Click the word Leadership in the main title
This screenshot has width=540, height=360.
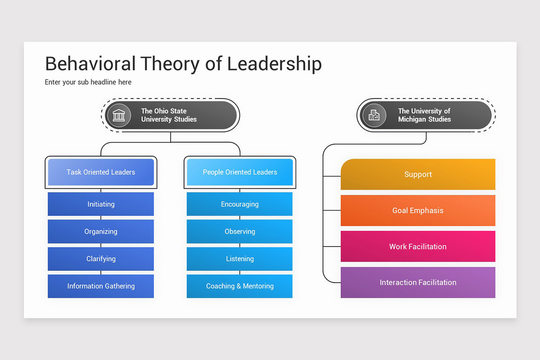tap(274, 64)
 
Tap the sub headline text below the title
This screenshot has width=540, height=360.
tap(88, 82)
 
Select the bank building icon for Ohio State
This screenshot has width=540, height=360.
tap(119, 115)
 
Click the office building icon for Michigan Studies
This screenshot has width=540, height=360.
tap(374, 115)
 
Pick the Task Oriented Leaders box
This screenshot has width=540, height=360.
tap(101, 172)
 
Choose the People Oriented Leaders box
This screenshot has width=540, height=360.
tap(240, 172)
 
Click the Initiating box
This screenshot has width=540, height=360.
tap(101, 204)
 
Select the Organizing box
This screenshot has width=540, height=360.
tap(101, 231)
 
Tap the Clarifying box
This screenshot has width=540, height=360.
tap(101, 259)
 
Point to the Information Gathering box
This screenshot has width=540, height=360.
tap(101, 286)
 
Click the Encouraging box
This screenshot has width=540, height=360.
tap(240, 204)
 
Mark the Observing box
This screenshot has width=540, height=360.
tap(240, 231)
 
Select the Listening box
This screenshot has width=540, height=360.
tap(240, 259)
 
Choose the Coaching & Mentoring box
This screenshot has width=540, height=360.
tap(240, 286)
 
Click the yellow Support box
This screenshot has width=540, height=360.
tap(418, 174)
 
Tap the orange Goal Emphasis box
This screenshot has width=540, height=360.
tap(418, 210)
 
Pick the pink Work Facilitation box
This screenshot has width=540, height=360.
tap(418, 247)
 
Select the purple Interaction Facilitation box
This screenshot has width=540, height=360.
tap(418, 283)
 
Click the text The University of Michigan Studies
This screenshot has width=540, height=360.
tap(424, 115)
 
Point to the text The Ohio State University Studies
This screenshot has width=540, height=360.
tap(169, 115)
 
